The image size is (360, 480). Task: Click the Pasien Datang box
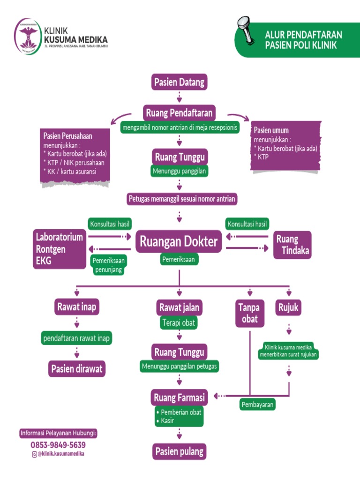(x=180, y=82)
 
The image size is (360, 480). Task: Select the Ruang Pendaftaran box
(x=179, y=113)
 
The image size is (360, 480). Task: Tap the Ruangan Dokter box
(x=179, y=241)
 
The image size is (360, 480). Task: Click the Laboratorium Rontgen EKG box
(x=60, y=249)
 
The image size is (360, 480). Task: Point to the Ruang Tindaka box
(x=292, y=245)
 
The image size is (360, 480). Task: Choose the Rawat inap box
(x=77, y=307)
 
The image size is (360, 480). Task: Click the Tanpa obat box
(x=250, y=313)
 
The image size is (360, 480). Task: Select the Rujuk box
(x=288, y=307)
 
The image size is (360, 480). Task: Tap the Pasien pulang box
(x=180, y=451)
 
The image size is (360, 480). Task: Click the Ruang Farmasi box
(x=179, y=397)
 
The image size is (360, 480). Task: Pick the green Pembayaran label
(x=257, y=405)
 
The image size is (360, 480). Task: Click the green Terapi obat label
(x=179, y=322)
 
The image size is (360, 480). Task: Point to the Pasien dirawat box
(x=77, y=368)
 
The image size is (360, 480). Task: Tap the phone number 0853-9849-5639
(x=58, y=445)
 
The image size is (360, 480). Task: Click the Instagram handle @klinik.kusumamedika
(x=58, y=454)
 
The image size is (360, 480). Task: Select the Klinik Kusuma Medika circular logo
(x=28, y=37)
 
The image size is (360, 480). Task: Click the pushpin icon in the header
(x=246, y=30)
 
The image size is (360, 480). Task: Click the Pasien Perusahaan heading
(x=67, y=136)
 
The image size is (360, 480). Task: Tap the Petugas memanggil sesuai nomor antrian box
(x=182, y=199)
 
